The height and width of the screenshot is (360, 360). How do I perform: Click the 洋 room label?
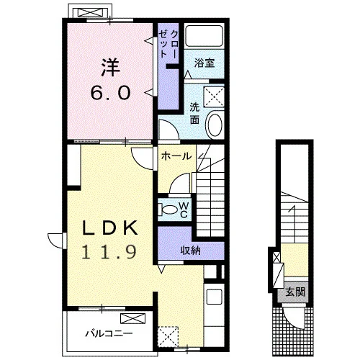pos(111,68)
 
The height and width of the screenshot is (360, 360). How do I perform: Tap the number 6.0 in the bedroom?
pos(111,93)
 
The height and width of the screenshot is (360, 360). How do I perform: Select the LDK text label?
pos(110,228)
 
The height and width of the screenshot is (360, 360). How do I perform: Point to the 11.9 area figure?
pos(109,252)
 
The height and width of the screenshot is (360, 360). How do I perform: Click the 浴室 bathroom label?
pos(204,63)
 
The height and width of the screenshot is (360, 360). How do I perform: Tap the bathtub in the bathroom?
pos(204,35)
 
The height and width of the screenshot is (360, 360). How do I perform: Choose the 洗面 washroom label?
pos(194,113)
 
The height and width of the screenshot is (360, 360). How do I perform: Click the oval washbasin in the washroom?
pos(215,125)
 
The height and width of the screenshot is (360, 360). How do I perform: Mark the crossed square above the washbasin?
pos(214,97)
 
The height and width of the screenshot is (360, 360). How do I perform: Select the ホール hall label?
pos(176,156)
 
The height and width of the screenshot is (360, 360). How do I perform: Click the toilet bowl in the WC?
pos(170,210)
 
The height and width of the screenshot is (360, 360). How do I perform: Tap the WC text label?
pos(184,210)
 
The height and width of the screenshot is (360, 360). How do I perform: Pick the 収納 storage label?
pos(191,251)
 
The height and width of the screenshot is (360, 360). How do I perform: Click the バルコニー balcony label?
pos(109,333)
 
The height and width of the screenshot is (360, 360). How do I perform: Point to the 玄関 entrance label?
pos(295,292)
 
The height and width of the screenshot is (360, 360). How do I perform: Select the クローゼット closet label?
pos(168,45)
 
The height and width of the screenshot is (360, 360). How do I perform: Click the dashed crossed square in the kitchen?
pos(168,336)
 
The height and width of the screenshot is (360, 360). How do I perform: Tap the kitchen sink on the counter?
pos(215,297)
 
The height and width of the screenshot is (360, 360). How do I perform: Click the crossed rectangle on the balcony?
pos(133,318)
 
